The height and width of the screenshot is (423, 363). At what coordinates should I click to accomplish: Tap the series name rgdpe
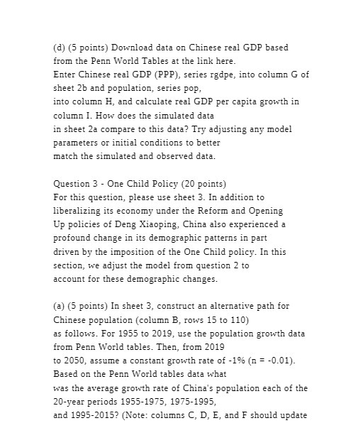point(196,75)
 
